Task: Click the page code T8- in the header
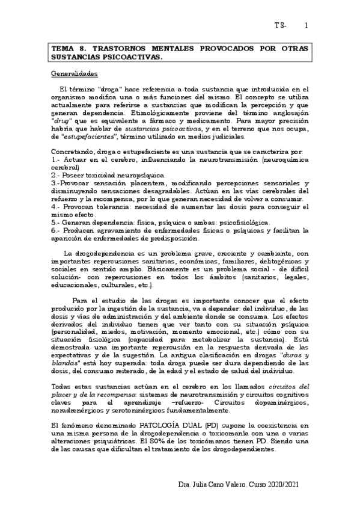280,26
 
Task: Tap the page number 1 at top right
307,26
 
